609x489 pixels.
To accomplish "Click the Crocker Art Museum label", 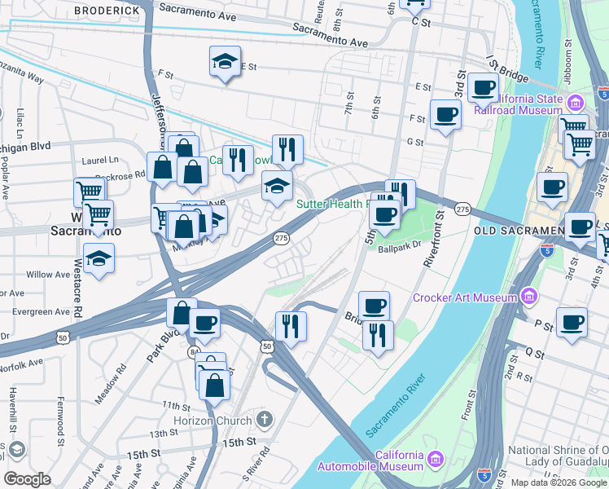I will (x=465, y=297).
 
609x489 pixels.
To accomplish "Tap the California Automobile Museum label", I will (x=399, y=460).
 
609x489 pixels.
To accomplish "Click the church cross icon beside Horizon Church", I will (x=263, y=420).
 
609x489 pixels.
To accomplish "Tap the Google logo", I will (x=27, y=479).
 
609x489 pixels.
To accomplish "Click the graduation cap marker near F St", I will (x=226, y=62).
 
